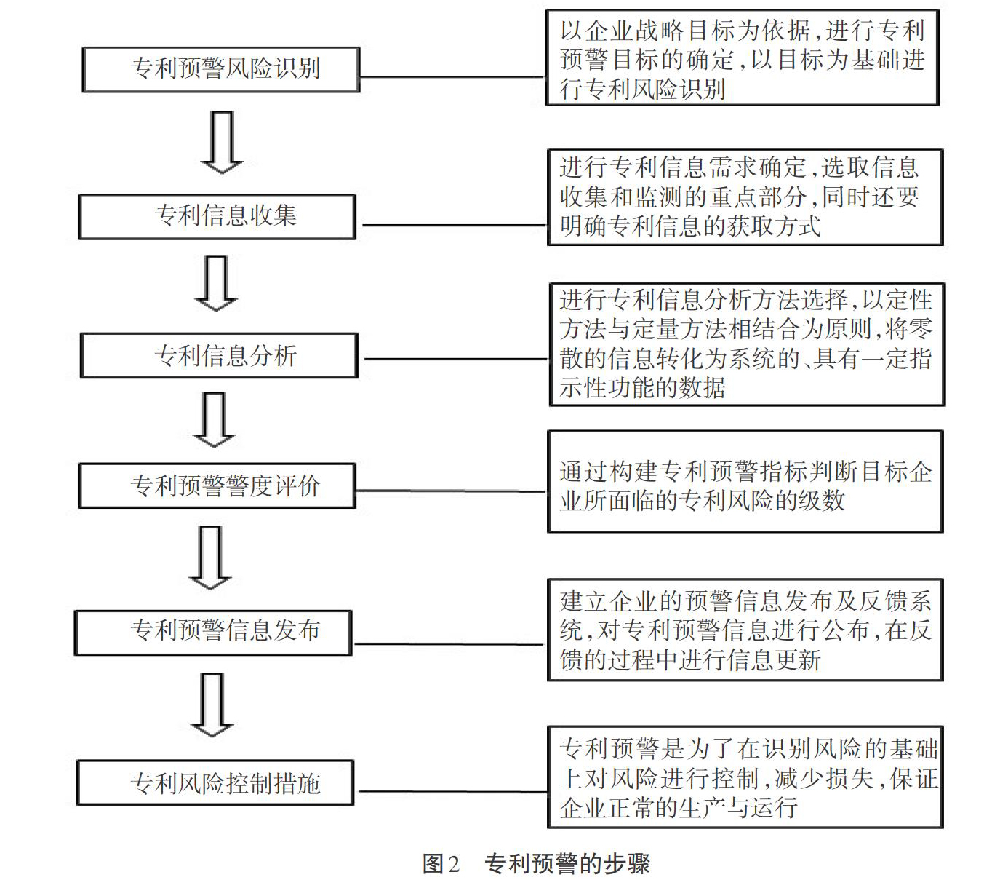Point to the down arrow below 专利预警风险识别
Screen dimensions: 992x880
[x=222, y=142]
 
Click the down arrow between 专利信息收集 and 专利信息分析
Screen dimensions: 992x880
[x=216, y=283]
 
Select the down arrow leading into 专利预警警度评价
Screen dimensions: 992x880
[x=214, y=419]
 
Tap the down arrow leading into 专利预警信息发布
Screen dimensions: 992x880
[x=210, y=558]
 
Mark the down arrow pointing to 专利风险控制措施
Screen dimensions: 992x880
[x=212, y=705]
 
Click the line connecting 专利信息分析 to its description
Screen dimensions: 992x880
[x=456, y=359]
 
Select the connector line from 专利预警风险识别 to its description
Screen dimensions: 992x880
[x=452, y=76]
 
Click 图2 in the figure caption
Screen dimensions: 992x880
[x=441, y=863]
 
